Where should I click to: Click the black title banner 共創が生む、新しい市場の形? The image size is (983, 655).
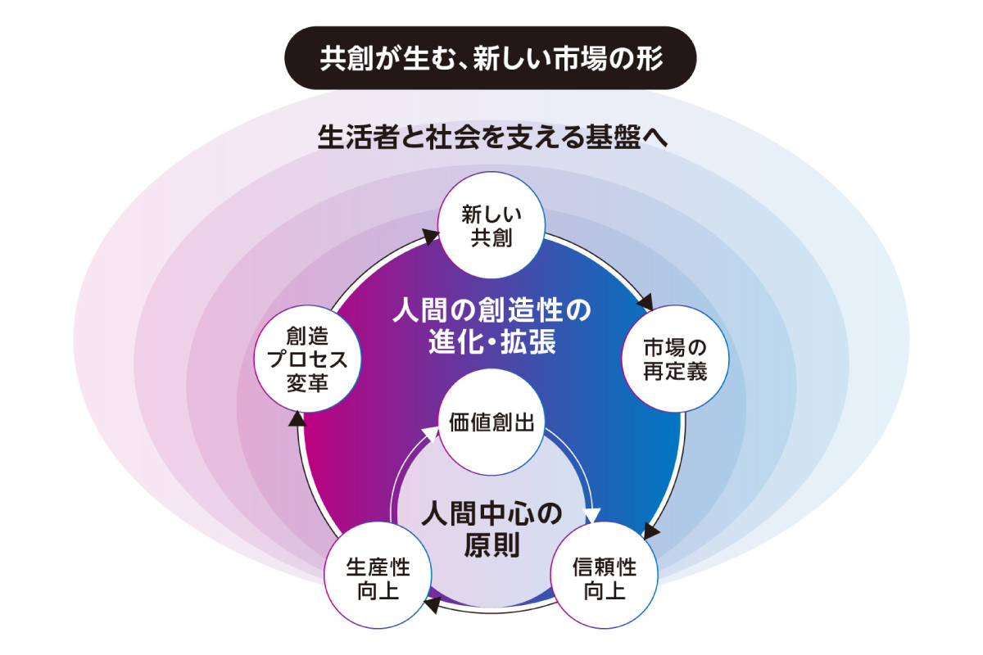(x=491, y=58)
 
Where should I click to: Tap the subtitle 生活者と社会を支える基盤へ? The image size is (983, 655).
(x=492, y=137)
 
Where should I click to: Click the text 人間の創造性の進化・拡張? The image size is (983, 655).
(x=491, y=325)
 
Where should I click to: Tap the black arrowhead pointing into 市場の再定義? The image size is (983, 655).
(x=646, y=300)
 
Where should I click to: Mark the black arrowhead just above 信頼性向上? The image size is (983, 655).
(x=650, y=532)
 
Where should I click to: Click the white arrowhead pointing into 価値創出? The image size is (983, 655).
(x=431, y=435)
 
